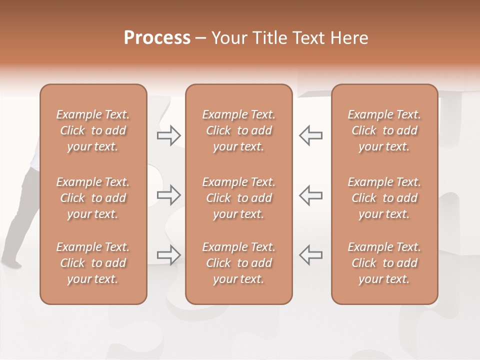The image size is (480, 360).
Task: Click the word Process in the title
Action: click(x=157, y=38)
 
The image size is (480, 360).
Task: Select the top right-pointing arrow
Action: click(x=169, y=135)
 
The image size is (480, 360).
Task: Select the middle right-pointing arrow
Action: click(x=169, y=194)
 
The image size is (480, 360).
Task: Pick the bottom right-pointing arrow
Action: click(x=169, y=254)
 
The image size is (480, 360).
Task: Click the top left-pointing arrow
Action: click(x=310, y=135)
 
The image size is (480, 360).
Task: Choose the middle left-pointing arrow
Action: click(x=310, y=194)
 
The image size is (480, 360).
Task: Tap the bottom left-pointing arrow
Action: click(x=310, y=254)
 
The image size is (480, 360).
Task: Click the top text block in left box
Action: click(x=93, y=130)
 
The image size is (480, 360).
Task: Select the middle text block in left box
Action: click(x=93, y=198)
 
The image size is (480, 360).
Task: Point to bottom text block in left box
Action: click(x=93, y=263)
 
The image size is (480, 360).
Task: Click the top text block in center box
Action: click(x=238, y=130)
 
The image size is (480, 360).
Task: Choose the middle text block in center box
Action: click(x=238, y=198)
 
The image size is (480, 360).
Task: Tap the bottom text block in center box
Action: click(x=238, y=263)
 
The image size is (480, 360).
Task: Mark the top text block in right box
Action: click(x=384, y=130)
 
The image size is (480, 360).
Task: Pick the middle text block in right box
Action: click(x=384, y=198)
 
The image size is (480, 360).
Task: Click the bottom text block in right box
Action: click(x=384, y=263)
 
